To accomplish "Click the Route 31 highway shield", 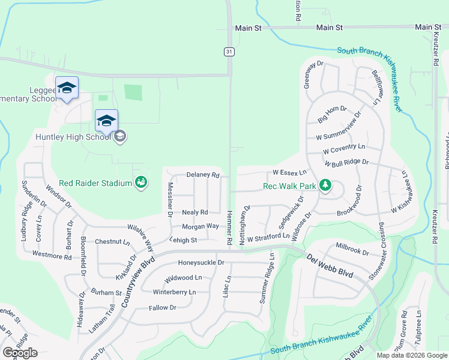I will point(229,52).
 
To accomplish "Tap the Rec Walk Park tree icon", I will point(325,185).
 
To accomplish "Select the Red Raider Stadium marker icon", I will point(141,181).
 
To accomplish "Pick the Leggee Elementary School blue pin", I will point(67,88).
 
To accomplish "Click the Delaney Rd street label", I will point(203,175).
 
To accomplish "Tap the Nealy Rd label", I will point(195,212).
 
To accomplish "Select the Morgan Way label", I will point(200,226).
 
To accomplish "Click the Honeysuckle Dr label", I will point(201,263).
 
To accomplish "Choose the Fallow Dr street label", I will point(163,308).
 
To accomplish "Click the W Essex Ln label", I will point(290,172).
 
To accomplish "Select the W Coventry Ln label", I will point(343,148).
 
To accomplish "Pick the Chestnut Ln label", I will point(112,242).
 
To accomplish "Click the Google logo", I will point(20,353).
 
